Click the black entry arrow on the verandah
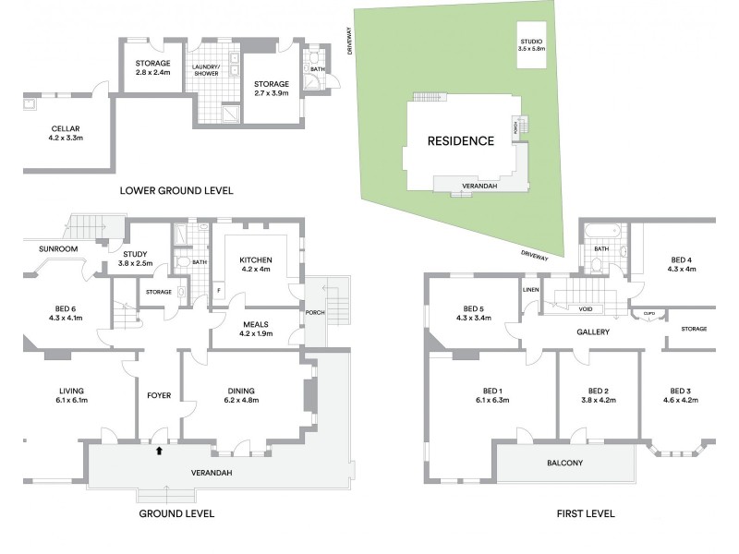pyautogui.click(x=159, y=452)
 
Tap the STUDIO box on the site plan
pyautogui.click(x=531, y=43)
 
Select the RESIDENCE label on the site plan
pyautogui.click(x=460, y=141)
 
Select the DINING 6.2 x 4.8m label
pyautogui.click(x=242, y=395)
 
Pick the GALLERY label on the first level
pyautogui.click(x=592, y=331)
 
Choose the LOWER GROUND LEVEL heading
pyautogui.click(x=176, y=191)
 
